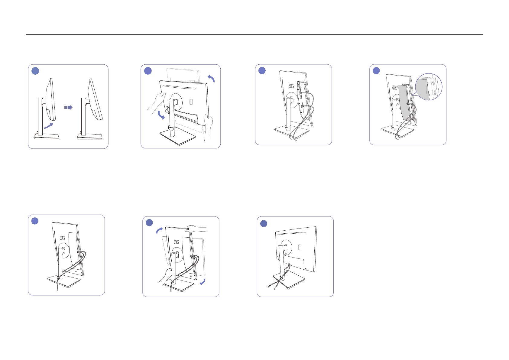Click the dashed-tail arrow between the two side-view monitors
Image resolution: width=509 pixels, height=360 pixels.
(68, 107)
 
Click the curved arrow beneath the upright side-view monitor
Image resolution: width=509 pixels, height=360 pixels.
(49, 126)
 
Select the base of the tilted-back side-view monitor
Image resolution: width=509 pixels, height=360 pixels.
(89, 137)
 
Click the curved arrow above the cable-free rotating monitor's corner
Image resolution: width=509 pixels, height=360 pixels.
(211, 79)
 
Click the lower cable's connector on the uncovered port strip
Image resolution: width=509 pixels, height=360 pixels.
(303, 106)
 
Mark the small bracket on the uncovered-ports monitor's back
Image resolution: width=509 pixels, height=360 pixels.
(292, 86)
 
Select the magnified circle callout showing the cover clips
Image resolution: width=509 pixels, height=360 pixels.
(429, 87)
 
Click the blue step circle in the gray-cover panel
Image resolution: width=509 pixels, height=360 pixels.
(376, 70)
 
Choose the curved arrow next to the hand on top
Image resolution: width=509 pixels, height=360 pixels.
(159, 231)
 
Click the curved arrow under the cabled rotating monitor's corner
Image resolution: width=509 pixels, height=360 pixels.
(203, 282)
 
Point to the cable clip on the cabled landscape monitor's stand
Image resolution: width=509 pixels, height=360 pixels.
(281, 278)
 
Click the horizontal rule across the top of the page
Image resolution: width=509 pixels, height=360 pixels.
(254, 34)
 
